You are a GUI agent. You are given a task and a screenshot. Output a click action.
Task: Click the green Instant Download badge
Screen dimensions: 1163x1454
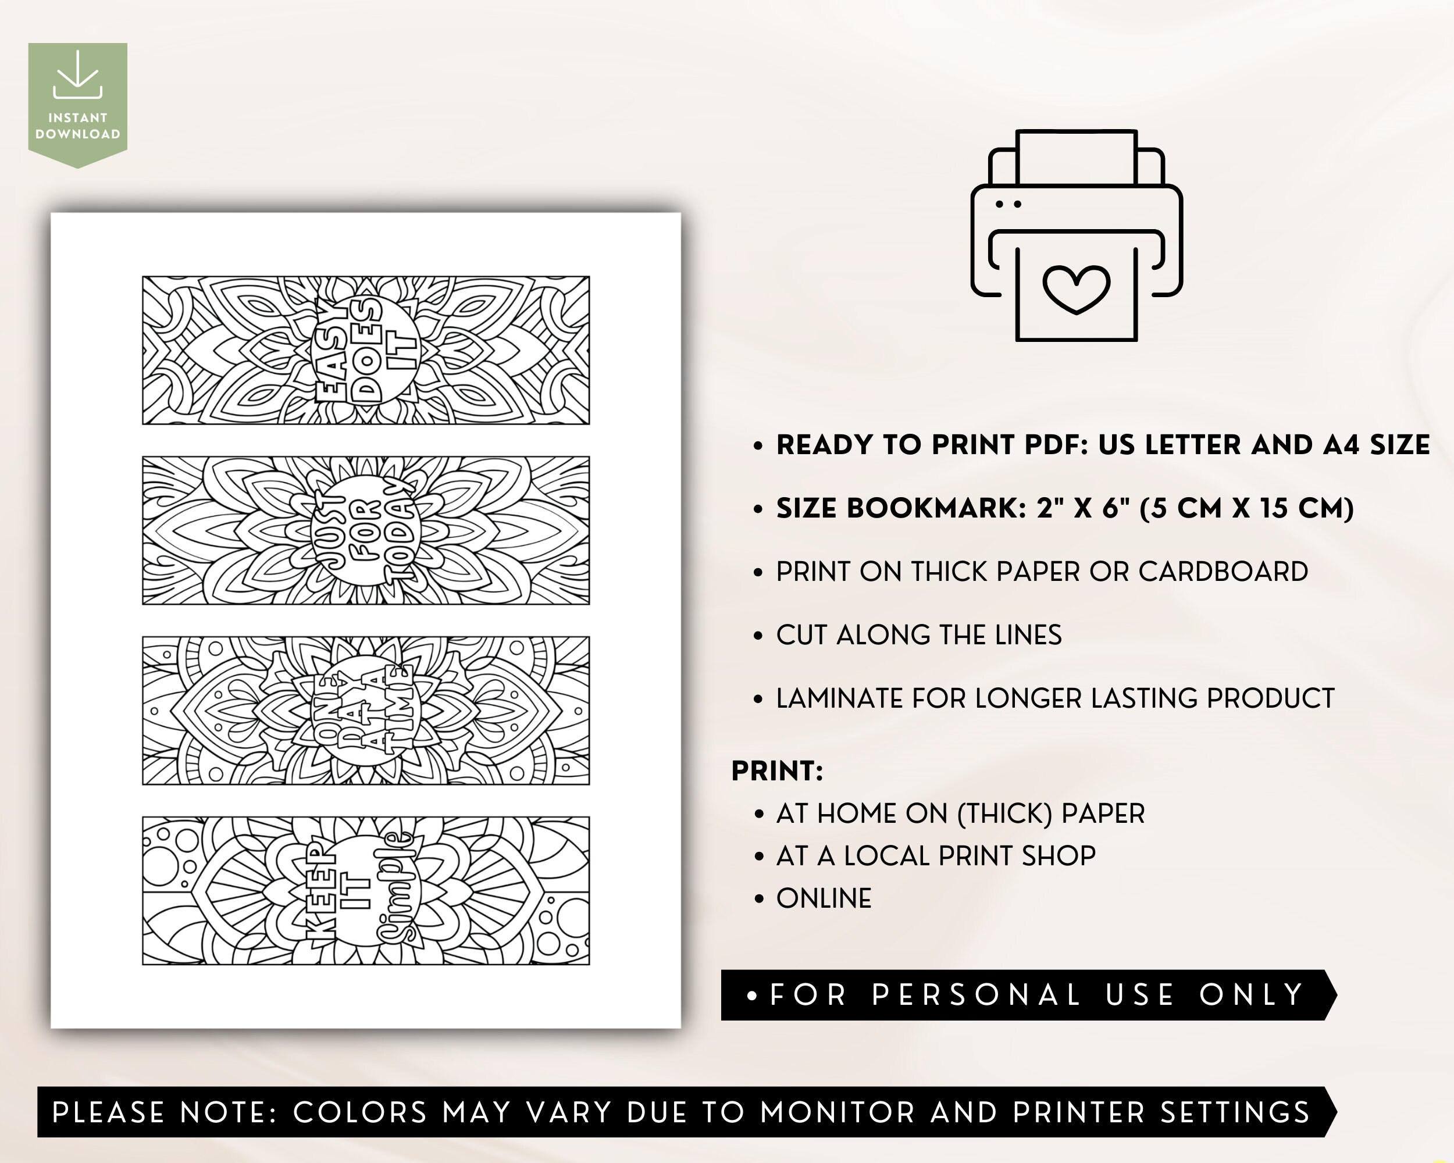pyautogui.click(x=77, y=101)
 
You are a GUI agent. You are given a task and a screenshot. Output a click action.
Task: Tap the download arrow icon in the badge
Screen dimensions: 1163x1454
pyautogui.click(x=77, y=75)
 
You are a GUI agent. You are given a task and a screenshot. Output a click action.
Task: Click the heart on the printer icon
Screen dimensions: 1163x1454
pyautogui.click(x=1077, y=288)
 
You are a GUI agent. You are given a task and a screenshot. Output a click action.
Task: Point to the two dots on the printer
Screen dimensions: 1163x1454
pyautogui.click(x=1008, y=204)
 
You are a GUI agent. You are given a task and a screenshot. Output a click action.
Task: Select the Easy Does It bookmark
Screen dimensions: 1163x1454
pyautogui.click(x=365, y=351)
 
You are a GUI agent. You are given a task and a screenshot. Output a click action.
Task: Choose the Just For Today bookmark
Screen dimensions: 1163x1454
pyautogui.click(x=365, y=530)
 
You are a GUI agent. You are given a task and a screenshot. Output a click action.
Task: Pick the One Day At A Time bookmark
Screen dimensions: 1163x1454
pyautogui.click(x=365, y=711)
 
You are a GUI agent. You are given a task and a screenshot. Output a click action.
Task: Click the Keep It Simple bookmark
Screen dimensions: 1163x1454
pyautogui.click(x=365, y=891)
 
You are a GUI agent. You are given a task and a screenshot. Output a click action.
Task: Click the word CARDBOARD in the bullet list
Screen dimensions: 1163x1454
pyautogui.click(x=1223, y=572)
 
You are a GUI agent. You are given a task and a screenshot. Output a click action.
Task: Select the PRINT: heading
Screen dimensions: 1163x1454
pyautogui.click(x=777, y=771)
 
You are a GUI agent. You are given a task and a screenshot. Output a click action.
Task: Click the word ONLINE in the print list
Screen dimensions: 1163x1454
pyautogui.click(x=824, y=899)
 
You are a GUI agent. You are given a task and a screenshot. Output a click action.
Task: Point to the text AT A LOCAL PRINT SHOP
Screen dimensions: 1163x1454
pyautogui.click(x=935, y=856)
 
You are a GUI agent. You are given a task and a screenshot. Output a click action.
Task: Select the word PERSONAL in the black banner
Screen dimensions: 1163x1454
pyautogui.click(x=976, y=995)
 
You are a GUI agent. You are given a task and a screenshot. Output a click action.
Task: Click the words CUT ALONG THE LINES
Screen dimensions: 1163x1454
pyautogui.click(x=918, y=635)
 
